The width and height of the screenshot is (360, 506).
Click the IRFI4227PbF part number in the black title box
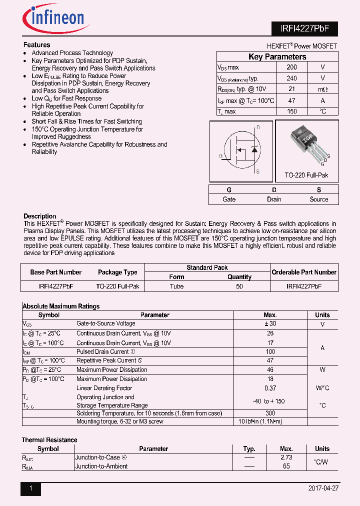tap(304, 29)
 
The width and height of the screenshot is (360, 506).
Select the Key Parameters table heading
tap(277, 56)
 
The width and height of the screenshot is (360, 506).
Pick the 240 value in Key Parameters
tap(291, 78)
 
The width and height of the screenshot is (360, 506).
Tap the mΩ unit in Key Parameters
tap(322, 89)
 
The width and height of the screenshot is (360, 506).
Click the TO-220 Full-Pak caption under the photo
tap(306, 175)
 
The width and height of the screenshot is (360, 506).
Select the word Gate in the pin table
tap(229, 199)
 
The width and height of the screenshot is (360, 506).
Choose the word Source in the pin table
tap(318, 199)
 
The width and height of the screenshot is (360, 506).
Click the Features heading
tap(37, 45)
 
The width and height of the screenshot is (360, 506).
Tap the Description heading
tap(40, 216)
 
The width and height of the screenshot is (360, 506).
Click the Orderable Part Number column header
tap(304, 272)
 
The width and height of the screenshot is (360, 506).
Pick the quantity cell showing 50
tap(239, 286)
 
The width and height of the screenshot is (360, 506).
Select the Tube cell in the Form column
tap(176, 286)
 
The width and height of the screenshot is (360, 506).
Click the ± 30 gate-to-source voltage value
tap(270, 324)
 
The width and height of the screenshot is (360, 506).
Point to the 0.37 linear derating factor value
tap(270, 388)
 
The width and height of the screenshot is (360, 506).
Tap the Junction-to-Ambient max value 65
tap(286, 466)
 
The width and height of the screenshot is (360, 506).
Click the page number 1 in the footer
tap(30, 488)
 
